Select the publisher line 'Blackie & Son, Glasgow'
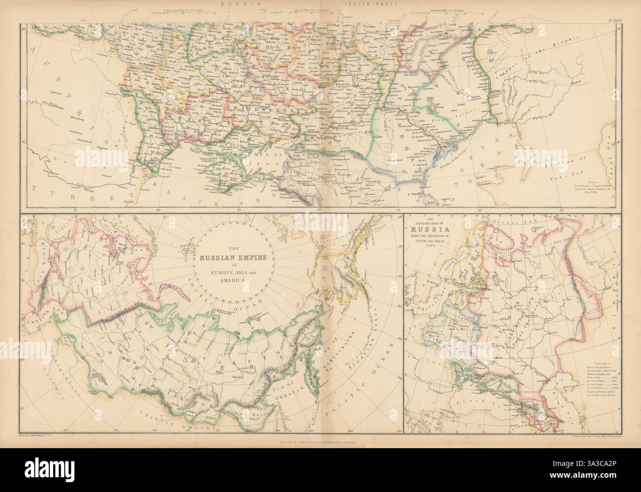[320, 442]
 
